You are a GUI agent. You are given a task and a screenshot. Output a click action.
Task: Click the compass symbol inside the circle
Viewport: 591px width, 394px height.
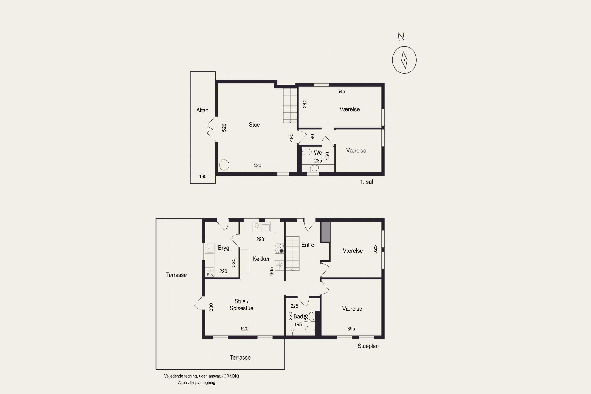click(x=404, y=60)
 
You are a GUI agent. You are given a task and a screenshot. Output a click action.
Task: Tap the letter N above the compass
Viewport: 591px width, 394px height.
click(x=401, y=36)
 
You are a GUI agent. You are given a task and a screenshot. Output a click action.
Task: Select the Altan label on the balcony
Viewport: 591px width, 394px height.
click(x=202, y=110)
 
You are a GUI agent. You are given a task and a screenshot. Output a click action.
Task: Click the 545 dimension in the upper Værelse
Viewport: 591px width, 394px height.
click(x=341, y=91)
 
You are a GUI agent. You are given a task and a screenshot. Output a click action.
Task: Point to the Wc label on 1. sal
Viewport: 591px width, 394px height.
click(x=318, y=152)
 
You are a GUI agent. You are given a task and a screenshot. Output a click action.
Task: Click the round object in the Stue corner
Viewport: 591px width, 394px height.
click(x=224, y=165)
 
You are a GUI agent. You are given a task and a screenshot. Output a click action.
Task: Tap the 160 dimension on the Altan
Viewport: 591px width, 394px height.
click(x=203, y=176)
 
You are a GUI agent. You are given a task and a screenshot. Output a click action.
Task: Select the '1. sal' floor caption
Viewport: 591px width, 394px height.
click(x=366, y=182)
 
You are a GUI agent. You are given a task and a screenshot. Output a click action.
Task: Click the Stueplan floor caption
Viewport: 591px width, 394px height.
click(x=368, y=346)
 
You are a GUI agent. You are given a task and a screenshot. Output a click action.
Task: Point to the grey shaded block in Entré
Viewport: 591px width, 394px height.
click(x=325, y=232)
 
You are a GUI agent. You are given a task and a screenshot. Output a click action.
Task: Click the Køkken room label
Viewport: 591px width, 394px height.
click(x=262, y=259)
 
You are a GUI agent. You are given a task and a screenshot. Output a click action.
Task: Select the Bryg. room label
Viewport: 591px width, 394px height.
click(x=224, y=248)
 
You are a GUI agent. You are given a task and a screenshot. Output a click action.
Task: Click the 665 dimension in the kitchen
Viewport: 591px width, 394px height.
click(x=271, y=271)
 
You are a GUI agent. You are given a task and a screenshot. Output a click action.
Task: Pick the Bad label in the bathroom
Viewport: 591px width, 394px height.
click(x=298, y=316)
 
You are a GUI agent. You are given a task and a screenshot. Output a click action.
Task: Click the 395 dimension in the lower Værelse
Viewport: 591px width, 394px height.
click(x=351, y=328)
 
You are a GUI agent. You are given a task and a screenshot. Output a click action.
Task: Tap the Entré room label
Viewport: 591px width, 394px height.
click(x=308, y=245)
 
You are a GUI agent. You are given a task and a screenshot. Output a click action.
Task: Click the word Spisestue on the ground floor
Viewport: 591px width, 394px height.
click(x=242, y=308)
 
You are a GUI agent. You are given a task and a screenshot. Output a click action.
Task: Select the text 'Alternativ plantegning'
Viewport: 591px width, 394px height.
click(x=196, y=382)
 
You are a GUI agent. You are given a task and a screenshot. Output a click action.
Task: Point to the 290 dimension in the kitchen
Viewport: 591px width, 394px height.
click(x=260, y=239)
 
